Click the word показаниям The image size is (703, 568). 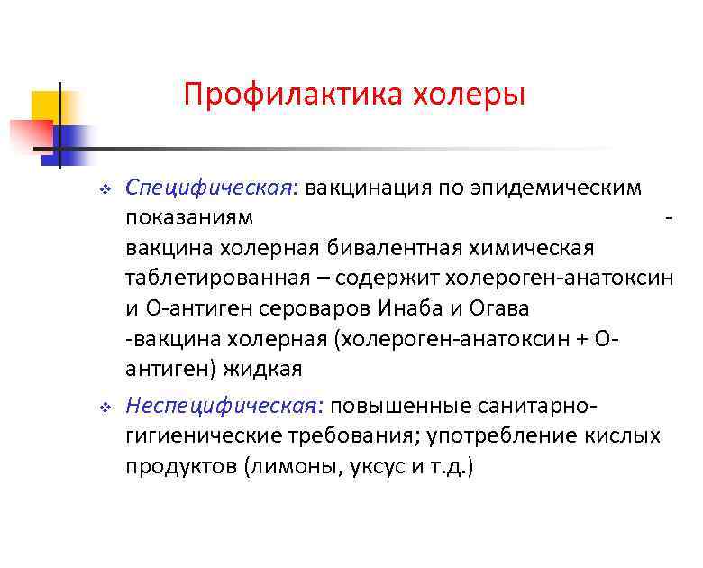coord(189,217)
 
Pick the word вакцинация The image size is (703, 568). coord(370,188)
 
